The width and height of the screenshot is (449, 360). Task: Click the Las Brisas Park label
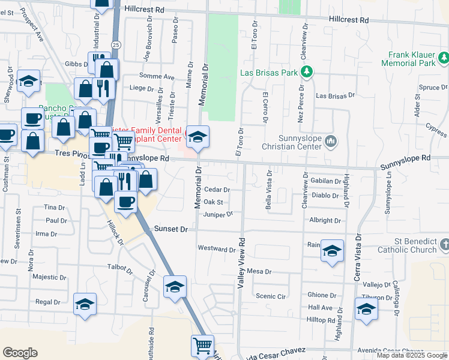(x=269, y=73)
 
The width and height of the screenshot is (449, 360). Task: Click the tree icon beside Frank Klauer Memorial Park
(x=443, y=58)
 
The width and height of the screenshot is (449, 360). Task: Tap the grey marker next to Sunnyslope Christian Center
(x=331, y=142)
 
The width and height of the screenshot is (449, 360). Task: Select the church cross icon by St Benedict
(x=444, y=245)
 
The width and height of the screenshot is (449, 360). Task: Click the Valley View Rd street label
(x=241, y=261)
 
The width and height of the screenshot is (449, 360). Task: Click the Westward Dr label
(x=216, y=248)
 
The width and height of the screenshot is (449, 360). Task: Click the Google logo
(x=20, y=353)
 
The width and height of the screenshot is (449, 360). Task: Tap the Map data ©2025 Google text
(x=411, y=355)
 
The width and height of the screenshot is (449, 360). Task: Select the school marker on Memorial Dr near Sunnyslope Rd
(x=197, y=139)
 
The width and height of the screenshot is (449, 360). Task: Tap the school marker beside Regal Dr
(x=85, y=304)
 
